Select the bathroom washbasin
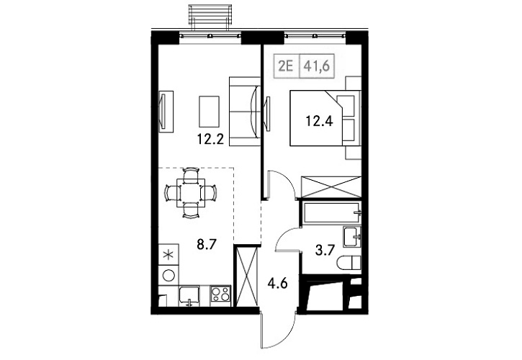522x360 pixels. click(x=353, y=235)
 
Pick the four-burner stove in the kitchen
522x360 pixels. click(x=219, y=294)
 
